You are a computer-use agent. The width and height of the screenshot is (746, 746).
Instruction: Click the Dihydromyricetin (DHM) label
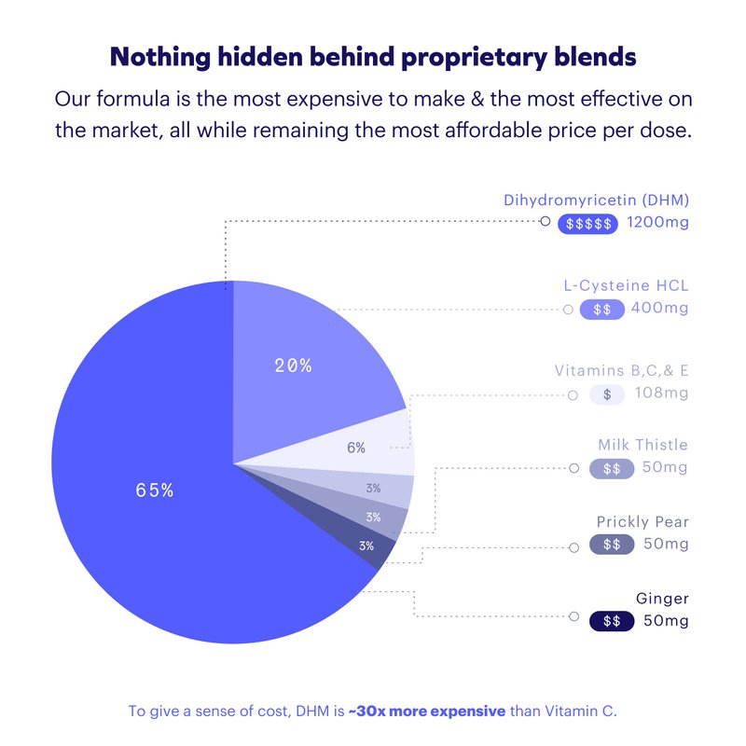click(x=596, y=200)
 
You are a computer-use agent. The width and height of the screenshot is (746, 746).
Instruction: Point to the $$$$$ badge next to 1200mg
click(x=587, y=224)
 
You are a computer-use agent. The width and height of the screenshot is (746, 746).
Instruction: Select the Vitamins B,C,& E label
click(x=621, y=370)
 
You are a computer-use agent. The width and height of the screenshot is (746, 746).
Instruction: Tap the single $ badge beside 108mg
click(x=607, y=394)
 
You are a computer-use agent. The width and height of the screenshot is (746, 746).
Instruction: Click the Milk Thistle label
click(x=643, y=445)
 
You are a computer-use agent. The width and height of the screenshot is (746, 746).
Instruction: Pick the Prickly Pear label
click(x=642, y=521)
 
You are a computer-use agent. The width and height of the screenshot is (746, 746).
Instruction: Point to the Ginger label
click(x=662, y=599)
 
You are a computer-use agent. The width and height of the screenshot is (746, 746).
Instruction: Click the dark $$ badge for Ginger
click(x=612, y=621)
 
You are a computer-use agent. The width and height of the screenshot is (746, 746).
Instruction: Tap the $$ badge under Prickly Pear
click(x=612, y=544)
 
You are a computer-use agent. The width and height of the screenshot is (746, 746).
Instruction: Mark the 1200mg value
click(x=657, y=223)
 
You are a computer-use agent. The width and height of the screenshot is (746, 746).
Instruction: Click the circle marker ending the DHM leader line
click(x=546, y=222)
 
